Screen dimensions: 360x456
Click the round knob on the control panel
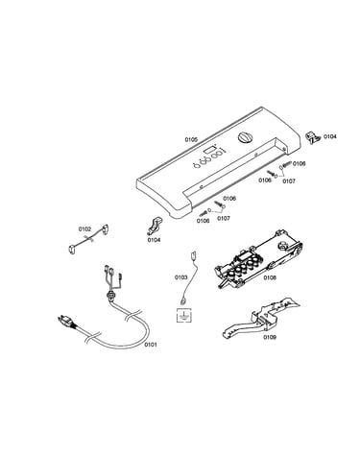click(246, 137)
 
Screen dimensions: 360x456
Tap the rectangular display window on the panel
click(209, 149)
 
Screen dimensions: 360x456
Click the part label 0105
click(191, 139)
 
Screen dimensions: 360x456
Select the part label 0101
click(151, 345)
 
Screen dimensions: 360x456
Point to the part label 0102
click(84, 229)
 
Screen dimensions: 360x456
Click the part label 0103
click(180, 277)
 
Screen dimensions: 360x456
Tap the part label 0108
click(270, 277)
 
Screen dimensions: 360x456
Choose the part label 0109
click(270, 337)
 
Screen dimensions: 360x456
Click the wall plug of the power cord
click(66, 321)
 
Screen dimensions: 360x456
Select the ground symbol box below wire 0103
click(183, 316)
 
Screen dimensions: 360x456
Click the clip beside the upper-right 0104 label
click(312, 137)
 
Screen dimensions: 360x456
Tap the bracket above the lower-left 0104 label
click(155, 225)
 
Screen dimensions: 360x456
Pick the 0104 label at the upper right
click(330, 136)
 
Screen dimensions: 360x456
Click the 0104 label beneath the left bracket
click(154, 240)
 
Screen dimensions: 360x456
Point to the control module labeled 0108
click(258, 258)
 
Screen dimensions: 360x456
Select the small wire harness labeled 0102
click(88, 239)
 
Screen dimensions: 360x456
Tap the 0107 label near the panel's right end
click(289, 181)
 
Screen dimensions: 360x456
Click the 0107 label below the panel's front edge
click(224, 218)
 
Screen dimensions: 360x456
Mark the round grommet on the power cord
click(111, 295)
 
